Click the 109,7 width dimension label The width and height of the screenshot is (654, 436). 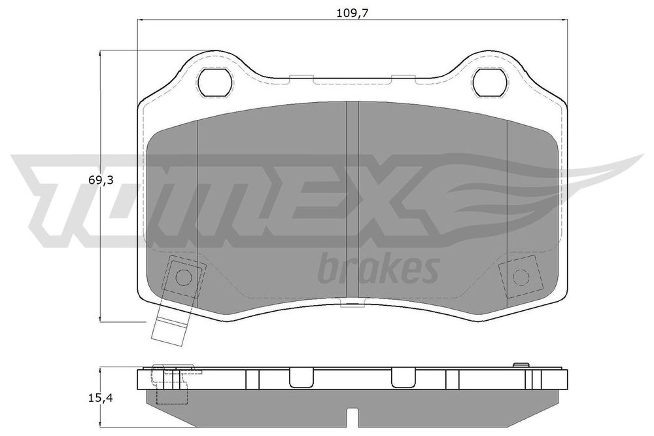(353, 13)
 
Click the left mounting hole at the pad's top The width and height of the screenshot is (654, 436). (215, 82)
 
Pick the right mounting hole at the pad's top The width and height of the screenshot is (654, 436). (490, 82)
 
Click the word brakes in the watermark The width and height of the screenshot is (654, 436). (378, 268)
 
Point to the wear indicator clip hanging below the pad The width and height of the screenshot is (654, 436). (170, 325)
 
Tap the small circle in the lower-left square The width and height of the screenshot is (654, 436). (183, 276)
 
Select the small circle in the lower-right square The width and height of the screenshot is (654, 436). (521, 276)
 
